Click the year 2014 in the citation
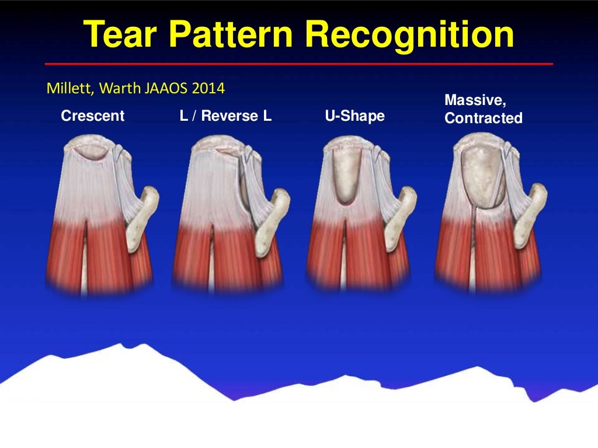pyautogui.click(x=209, y=89)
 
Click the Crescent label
pyautogui.click(x=93, y=116)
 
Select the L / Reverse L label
pyautogui.click(x=225, y=116)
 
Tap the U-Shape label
pyautogui.click(x=354, y=116)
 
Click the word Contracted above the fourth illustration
pyautogui.click(x=483, y=118)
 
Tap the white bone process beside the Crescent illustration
pyautogui.click(x=142, y=216)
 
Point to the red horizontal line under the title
pyautogui.click(x=298, y=64)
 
